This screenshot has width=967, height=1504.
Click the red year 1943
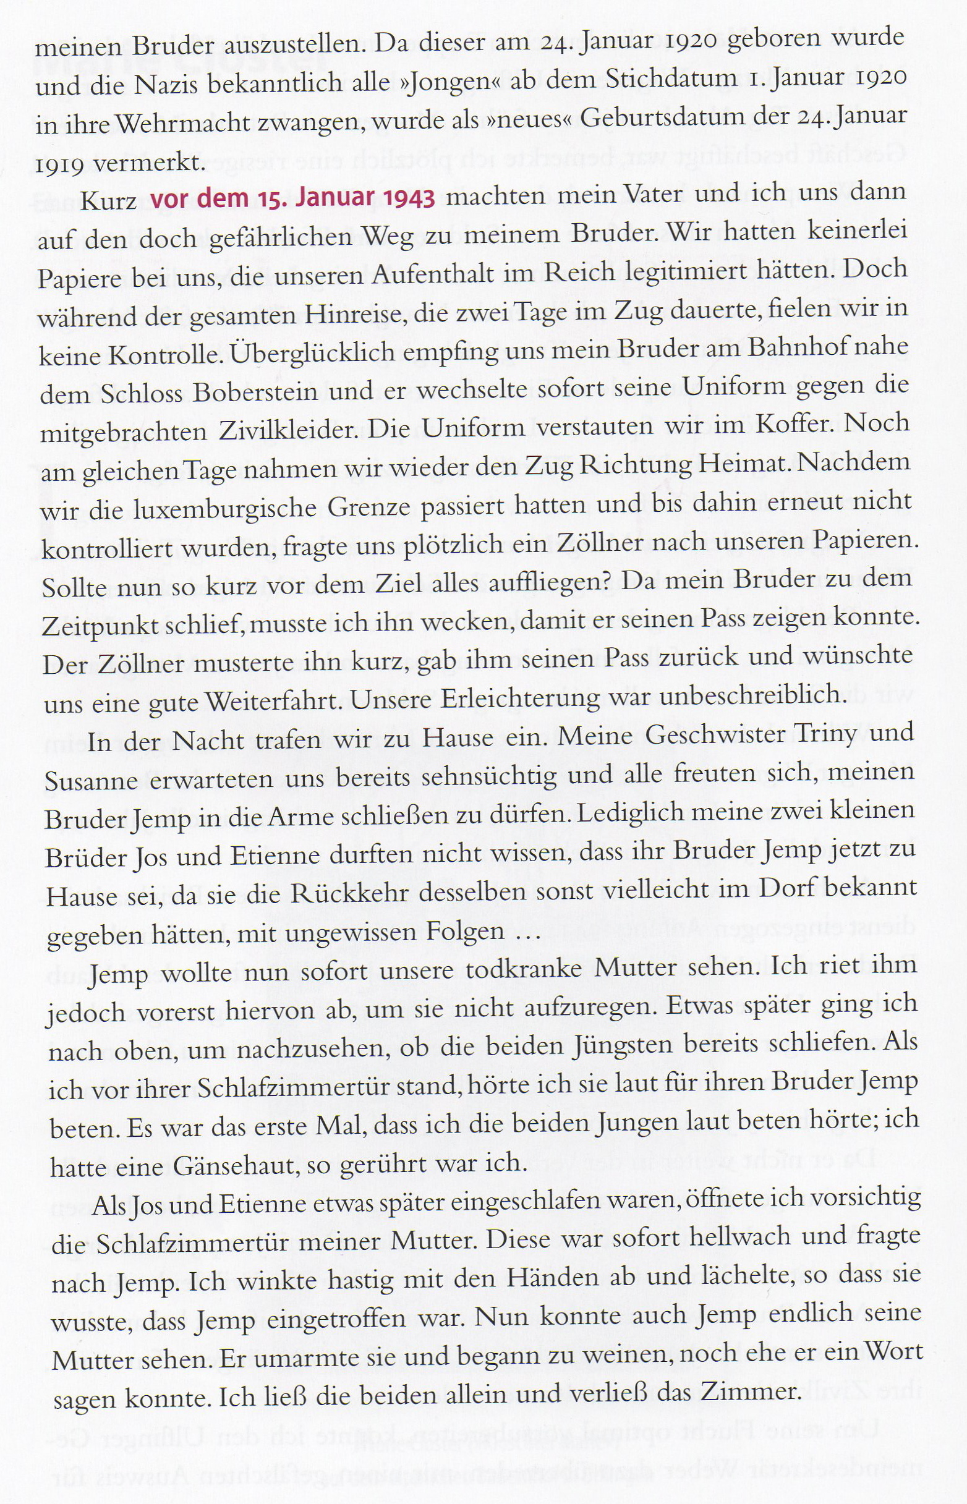pyautogui.click(x=407, y=198)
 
